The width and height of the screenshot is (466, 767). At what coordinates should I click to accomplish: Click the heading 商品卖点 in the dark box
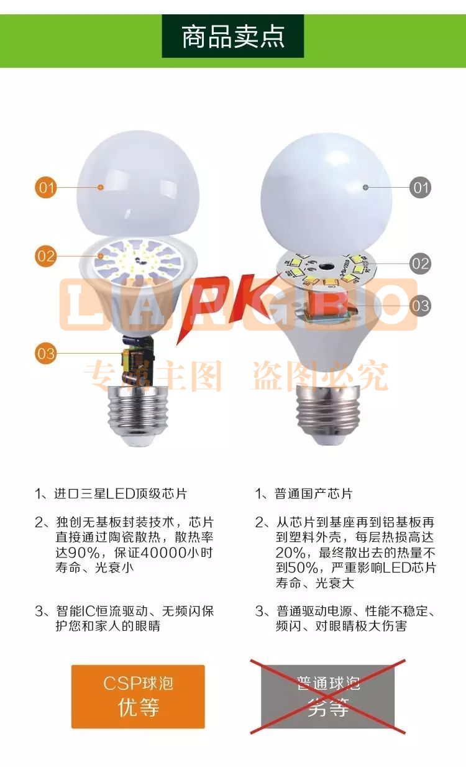tap(233, 36)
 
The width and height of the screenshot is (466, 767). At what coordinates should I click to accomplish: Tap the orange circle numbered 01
tap(45, 187)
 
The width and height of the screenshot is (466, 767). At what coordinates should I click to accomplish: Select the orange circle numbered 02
tap(45, 256)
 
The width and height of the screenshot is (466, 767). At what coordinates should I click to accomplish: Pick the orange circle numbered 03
tap(45, 354)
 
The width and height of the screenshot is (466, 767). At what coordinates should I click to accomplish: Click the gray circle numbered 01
tap(421, 187)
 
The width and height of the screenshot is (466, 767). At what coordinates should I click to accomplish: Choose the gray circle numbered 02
tap(421, 264)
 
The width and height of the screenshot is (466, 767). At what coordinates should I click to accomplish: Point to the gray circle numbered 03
tap(421, 305)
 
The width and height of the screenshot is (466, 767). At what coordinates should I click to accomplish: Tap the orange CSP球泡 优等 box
tap(138, 697)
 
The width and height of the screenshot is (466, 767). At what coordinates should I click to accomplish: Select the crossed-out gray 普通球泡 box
tap(327, 697)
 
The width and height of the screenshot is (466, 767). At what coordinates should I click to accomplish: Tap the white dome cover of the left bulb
tap(138, 183)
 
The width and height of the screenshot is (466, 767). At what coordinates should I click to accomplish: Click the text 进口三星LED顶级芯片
tap(120, 494)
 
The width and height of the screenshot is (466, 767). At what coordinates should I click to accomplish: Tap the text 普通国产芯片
tap(313, 494)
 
